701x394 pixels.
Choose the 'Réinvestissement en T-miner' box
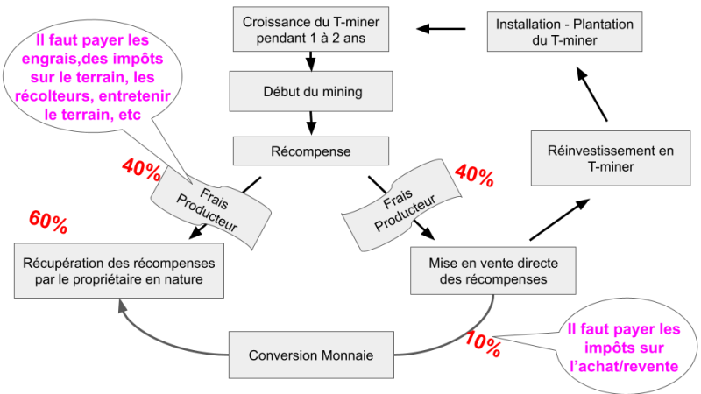coord(604,158)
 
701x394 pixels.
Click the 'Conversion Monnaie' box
coord(311,355)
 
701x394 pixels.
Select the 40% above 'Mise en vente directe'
coord(475,175)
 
